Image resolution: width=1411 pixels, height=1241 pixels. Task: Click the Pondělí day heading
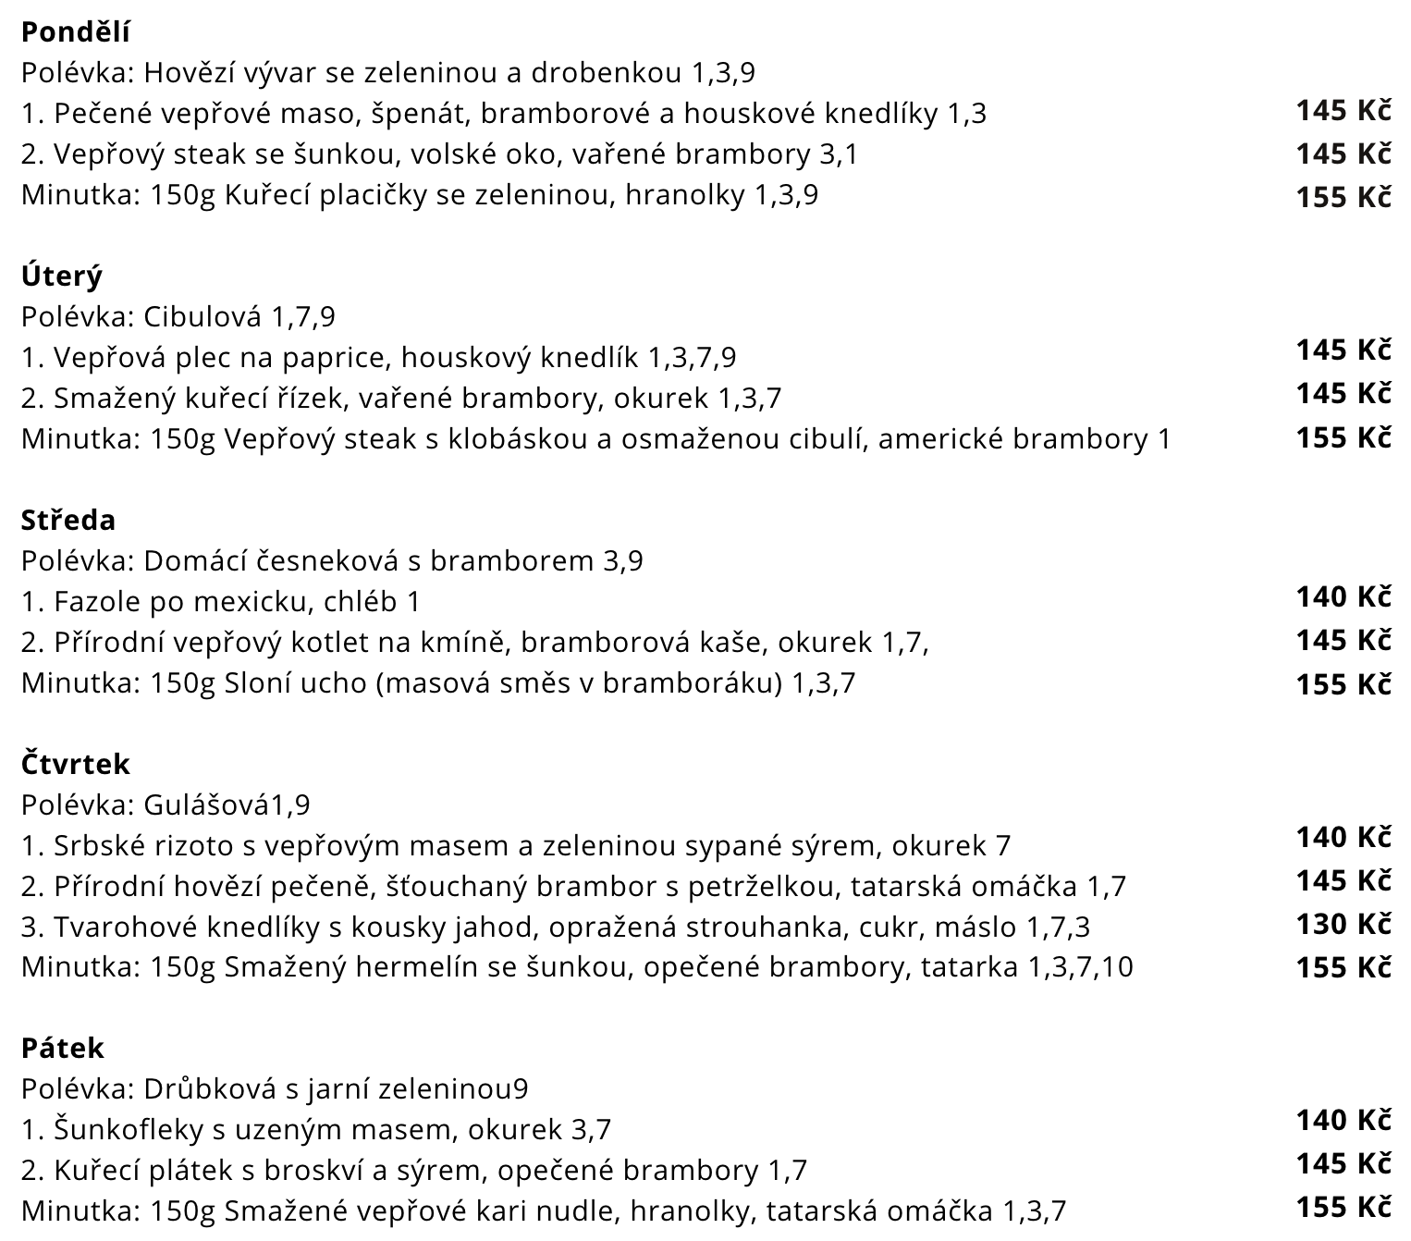[x=75, y=32]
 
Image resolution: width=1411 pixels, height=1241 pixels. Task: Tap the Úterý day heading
[x=61, y=276]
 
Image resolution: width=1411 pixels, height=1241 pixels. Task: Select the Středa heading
[x=68, y=520]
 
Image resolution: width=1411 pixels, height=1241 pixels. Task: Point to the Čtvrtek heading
[x=75, y=764]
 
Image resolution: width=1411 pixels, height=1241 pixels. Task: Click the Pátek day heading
[x=62, y=1048]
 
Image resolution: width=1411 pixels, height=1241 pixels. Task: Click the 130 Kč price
[x=1343, y=924]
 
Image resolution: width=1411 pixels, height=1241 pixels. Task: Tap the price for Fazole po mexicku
[x=1343, y=597]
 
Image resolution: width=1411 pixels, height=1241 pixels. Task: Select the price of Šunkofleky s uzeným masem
[x=1343, y=1121]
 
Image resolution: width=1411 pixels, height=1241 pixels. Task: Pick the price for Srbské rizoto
[x=1343, y=838]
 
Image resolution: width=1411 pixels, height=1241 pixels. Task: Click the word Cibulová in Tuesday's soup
[x=202, y=317]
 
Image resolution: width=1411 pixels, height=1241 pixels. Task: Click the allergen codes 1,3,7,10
[x=1080, y=967]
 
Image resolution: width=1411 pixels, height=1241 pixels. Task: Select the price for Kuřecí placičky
[x=1343, y=197]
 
